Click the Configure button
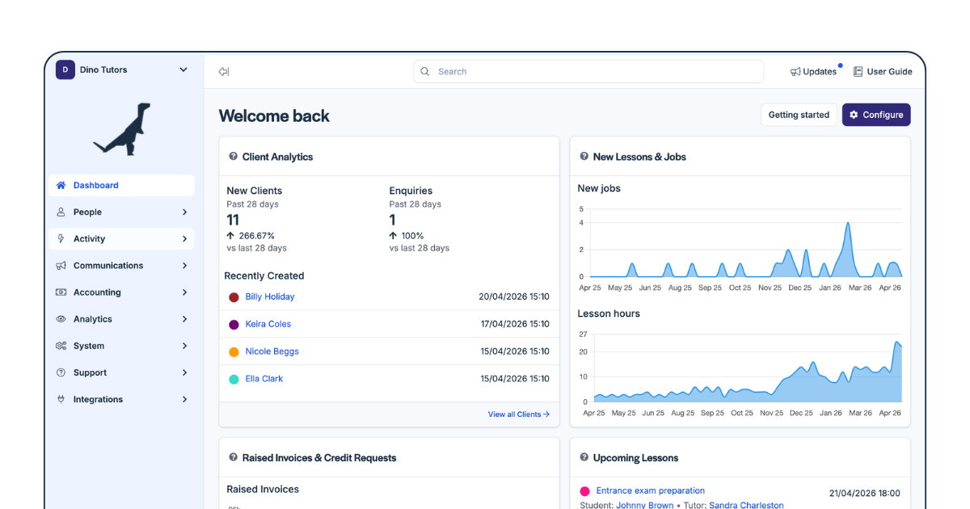tap(876, 115)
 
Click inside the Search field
tap(588, 71)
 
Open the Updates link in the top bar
tap(813, 71)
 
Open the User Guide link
tap(883, 71)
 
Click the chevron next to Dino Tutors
tap(183, 69)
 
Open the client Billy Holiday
tap(270, 297)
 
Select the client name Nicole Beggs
tap(272, 351)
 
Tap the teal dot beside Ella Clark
tap(234, 379)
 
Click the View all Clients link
tap(519, 414)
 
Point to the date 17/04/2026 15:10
tap(515, 324)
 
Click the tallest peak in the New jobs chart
tap(848, 223)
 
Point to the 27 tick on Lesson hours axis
tap(583, 334)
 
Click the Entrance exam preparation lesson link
tap(651, 490)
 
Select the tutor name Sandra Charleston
tap(746, 505)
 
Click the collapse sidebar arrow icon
tap(224, 71)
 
